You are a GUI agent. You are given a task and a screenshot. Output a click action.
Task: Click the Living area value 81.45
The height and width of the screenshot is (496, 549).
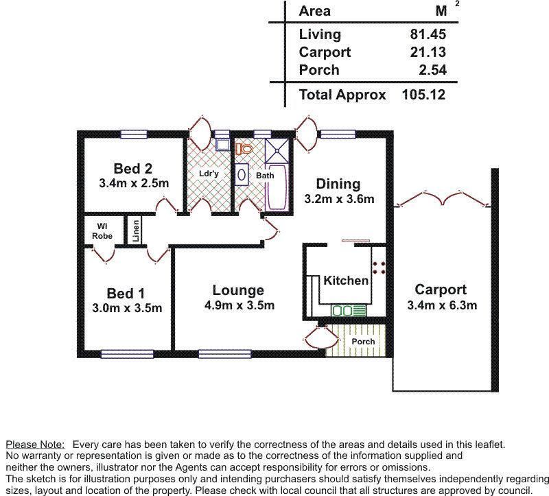click(428, 34)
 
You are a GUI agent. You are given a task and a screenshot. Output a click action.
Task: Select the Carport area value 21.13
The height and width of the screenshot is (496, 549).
click(428, 52)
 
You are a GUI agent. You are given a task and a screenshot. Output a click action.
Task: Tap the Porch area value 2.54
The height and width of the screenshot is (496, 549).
click(432, 70)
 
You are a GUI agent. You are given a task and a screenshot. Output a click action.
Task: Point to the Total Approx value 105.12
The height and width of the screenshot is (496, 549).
click(423, 95)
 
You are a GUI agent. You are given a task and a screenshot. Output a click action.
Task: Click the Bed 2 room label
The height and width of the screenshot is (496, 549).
click(132, 169)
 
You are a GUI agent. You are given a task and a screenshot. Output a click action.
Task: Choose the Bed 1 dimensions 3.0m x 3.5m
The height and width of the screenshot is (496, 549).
click(127, 308)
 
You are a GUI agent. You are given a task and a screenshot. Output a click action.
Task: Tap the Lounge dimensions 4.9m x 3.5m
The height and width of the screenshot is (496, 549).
click(240, 305)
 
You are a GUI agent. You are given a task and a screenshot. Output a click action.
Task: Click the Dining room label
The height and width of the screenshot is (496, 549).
click(338, 184)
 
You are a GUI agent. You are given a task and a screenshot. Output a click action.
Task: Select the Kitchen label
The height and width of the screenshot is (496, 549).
click(346, 281)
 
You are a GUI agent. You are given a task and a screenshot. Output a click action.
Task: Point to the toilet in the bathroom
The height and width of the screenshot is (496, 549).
click(244, 149)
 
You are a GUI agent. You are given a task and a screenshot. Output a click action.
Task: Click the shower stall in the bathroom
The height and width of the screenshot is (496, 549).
click(277, 151)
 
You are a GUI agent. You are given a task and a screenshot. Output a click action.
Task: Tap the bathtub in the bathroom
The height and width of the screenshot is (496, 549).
click(277, 188)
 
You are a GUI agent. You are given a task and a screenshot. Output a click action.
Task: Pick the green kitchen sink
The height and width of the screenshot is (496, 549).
click(349, 311)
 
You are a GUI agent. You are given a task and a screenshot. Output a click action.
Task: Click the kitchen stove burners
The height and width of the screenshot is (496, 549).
click(379, 268)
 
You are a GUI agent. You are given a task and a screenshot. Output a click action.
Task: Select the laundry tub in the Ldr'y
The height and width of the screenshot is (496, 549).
click(222, 145)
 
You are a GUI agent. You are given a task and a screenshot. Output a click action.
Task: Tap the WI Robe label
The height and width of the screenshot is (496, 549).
click(102, 231)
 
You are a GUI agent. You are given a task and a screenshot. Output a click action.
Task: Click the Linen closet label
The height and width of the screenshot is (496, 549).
click(136, 231)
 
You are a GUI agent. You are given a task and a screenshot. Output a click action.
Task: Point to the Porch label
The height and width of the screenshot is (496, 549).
click(363, 342)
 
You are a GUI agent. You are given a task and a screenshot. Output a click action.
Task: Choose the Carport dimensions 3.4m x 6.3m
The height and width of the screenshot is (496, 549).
click(442, 305)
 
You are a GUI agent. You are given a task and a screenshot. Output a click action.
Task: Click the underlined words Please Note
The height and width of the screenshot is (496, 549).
click(36, 445)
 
